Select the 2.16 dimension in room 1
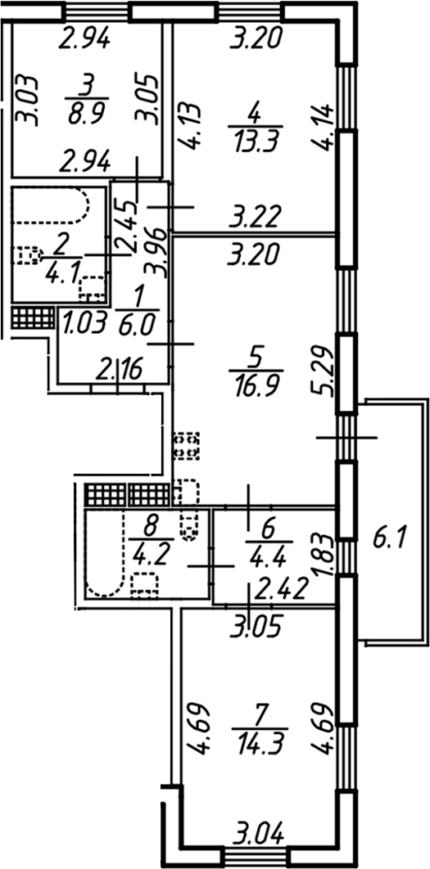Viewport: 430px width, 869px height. coord(120,367)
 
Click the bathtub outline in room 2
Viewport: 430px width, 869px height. coord(51,205)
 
